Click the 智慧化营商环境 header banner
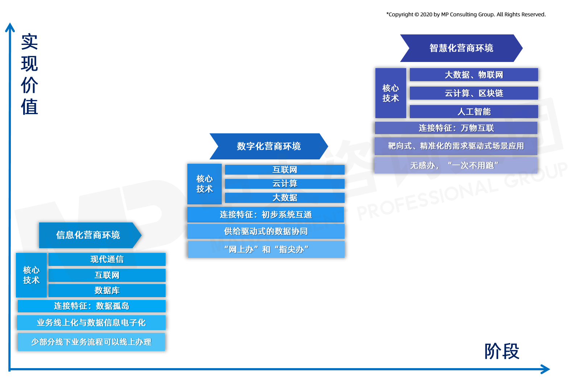(x=461, y=48)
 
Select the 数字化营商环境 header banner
(x=269, y=146)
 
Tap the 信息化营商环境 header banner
(x=88, y=235)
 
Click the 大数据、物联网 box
(x=474, y=75)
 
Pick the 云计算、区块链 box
(x=474, y=93)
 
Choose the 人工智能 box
(x=474, y=112)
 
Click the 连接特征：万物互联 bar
(x=456, y=128)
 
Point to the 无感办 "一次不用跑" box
(x=456, y=165)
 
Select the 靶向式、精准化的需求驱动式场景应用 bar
(x=456, y=146)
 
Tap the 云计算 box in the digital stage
(x=284, y=184)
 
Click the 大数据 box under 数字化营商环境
(x=284, y=198)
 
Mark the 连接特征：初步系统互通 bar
(x=266, y=215)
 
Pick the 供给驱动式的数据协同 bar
(x=266, y=231)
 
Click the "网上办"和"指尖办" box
(x=266, y=250)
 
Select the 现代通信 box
(x=107, y=259)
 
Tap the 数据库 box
(x=107, y=291)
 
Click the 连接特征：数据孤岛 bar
(x=91, y=306)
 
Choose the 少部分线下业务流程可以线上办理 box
(x=91, y=342)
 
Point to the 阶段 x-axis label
(x=502, y=351)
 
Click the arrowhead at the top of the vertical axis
(x=10, y=26)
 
